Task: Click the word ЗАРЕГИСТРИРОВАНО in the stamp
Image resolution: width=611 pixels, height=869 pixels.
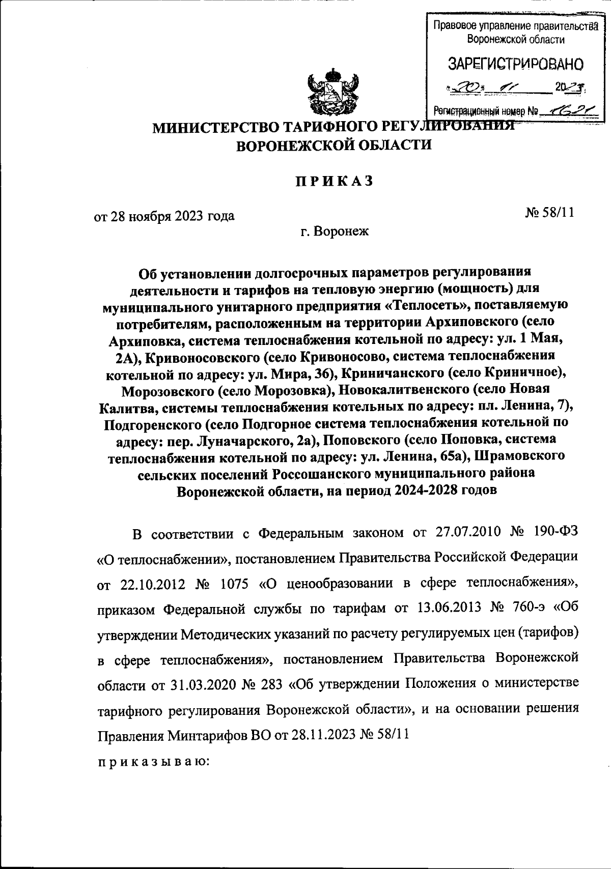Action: (x=515, y=65)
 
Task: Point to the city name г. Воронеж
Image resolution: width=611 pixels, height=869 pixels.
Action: (x=335, y=232)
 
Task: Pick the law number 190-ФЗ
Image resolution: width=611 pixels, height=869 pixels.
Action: (x=552, y=533)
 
